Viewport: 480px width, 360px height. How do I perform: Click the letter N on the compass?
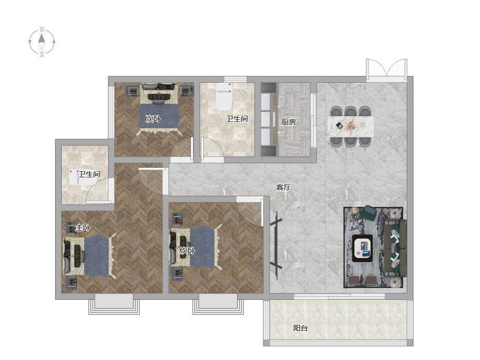(x=42, y=30)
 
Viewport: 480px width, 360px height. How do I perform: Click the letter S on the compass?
(x=42, y=54)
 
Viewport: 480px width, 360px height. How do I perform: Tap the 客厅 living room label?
(x=283, y=187)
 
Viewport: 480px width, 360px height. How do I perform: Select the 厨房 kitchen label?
(x=288, y=122)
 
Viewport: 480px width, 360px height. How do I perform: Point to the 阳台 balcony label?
(x=300, y=328)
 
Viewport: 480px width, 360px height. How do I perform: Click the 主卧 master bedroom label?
(x=83, y=228)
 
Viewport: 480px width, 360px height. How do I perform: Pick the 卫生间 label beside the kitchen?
(x=237, y=118)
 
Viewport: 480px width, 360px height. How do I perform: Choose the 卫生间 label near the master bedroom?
(x=89, y=174)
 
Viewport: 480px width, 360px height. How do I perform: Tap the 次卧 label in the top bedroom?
(x=153, y=119)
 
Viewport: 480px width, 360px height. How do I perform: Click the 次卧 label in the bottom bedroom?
(x=187, y=251)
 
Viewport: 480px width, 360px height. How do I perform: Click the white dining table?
(x=351, y=125)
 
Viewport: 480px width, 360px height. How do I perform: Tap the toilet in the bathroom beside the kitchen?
(x=224, y=96)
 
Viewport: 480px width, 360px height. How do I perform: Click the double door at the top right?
(x=387, y=69)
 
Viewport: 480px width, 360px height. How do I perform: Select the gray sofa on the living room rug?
(x=395, y=248)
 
